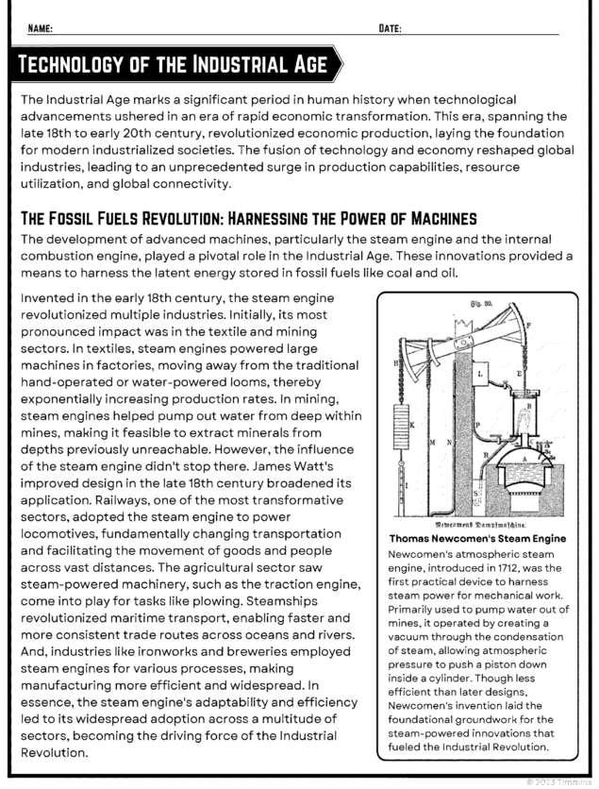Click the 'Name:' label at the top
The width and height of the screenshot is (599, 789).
point(40,28)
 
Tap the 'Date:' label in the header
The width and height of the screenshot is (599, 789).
point(390,28)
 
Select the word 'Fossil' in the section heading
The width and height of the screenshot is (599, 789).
point(87,218)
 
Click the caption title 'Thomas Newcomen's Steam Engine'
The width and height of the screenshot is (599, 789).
point(477,538)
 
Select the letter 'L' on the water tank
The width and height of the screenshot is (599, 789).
point(480,375)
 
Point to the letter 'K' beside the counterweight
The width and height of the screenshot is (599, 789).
point(411,424)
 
